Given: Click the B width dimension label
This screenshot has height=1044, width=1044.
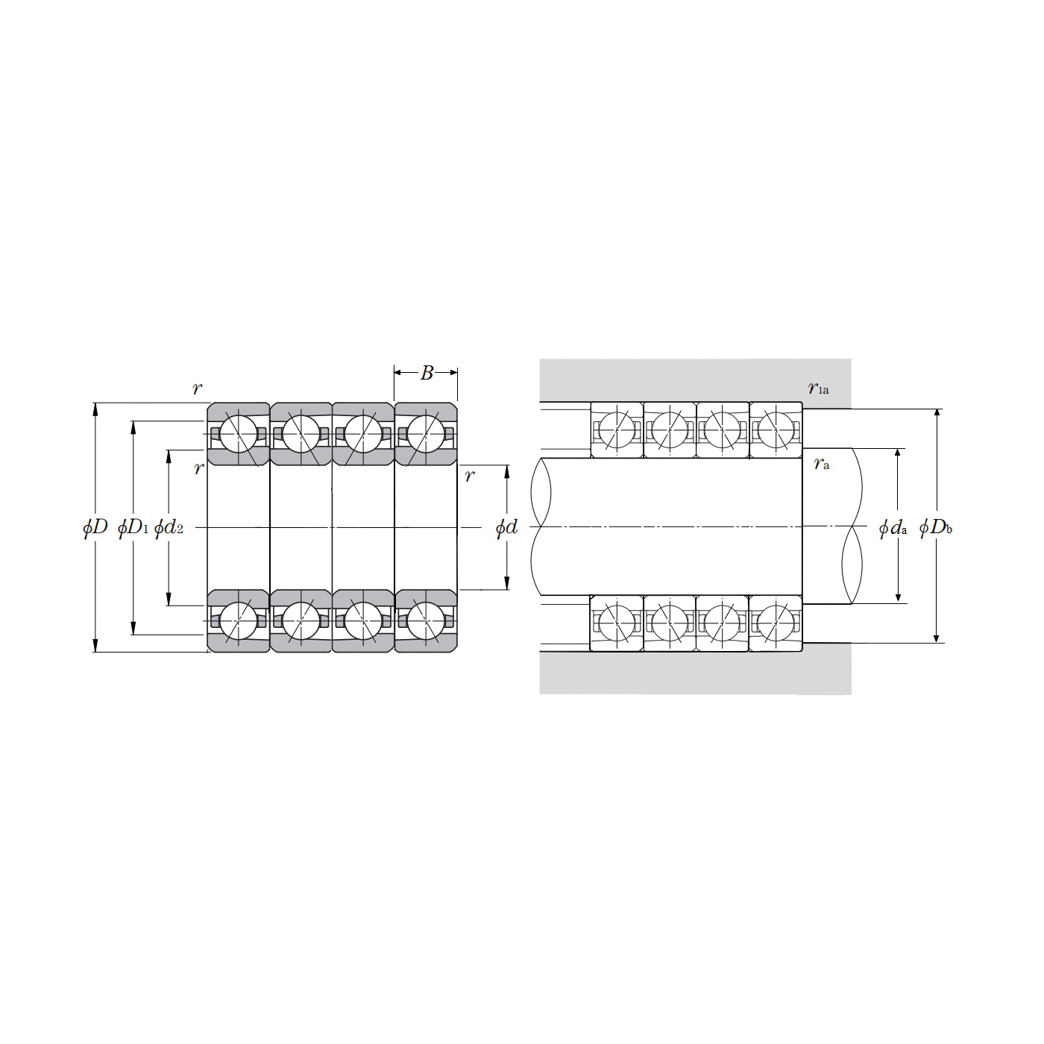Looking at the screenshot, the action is click(x=427, y=373).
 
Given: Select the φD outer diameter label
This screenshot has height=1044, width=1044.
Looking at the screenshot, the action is click(x=95, y=526).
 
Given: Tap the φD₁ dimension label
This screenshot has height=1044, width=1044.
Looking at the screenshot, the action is click(x=133, y=526).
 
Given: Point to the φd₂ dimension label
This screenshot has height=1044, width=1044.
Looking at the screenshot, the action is click(x=169, y=526).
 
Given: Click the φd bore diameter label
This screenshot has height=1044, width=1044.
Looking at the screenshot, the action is click(x=506, y=526).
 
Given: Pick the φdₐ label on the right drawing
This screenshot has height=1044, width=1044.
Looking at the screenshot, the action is click(x=893, y=527).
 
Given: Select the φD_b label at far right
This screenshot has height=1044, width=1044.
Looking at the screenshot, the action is click(x=936, y=527).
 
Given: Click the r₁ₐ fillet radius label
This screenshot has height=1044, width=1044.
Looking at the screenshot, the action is click(x=818, y=388).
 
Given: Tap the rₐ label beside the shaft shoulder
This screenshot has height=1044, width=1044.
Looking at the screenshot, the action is click(x=821, y=464).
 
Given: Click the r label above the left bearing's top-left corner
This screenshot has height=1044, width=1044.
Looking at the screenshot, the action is click(x=197, y=387).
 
